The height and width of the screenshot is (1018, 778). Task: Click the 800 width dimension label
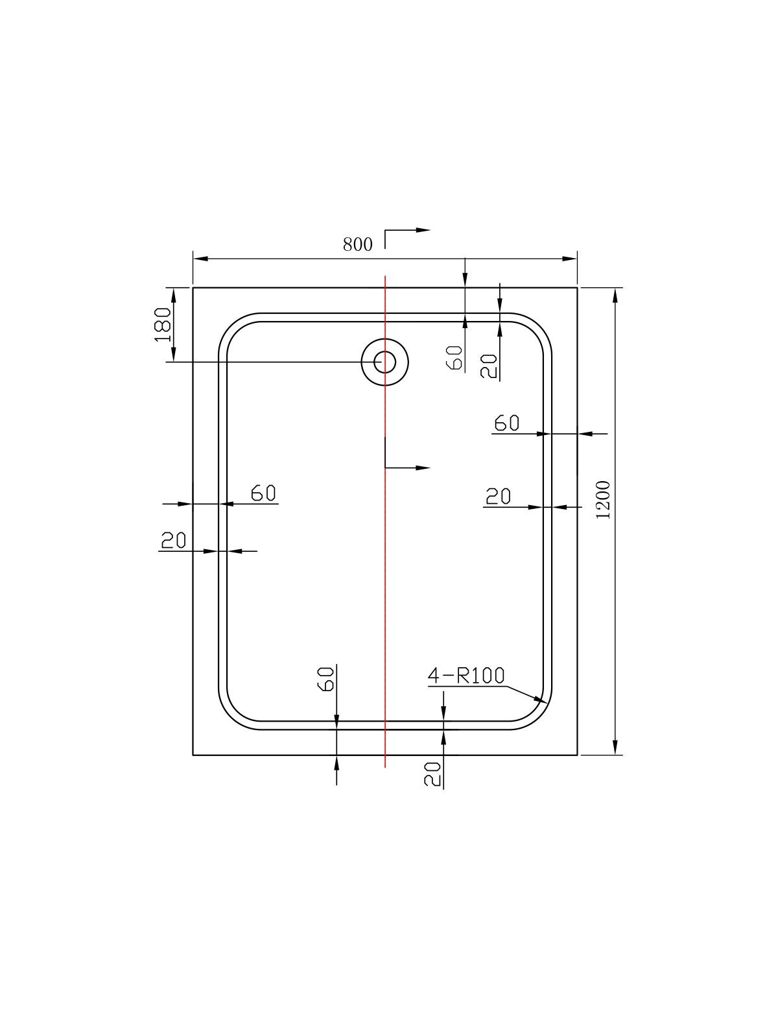(357, 244)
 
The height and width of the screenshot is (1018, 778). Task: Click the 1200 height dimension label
(604, 500)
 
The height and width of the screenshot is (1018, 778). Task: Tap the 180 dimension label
(163, 325)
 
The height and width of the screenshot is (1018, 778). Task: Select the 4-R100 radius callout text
(466, 676)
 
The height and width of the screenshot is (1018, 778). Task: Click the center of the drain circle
(385, 362)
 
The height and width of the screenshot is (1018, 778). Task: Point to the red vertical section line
(385, 522)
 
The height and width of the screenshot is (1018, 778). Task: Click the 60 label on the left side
(263, 493)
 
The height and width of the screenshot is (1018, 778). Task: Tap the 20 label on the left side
(173, 540)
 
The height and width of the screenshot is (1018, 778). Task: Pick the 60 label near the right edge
(507, 423)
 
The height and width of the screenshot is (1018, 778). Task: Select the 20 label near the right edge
(499, 496)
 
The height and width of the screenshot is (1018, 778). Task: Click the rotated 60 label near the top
(455, 357)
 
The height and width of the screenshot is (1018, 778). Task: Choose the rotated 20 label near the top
(489, 366)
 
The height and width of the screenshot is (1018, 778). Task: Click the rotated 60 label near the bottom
(326, 680)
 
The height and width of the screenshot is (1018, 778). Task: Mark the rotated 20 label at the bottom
(432, 774)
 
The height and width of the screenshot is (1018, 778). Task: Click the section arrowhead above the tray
(423, 230)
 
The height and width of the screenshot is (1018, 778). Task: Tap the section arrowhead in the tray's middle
(423, 468)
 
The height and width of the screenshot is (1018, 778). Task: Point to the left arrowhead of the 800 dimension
(200, 259)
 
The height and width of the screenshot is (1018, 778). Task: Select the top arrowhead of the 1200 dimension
(615, 296)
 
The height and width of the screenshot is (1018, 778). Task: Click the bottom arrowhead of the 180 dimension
(174, 354)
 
